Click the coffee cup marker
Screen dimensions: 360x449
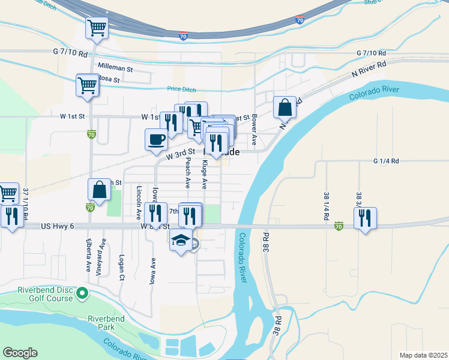[x=156, y=140]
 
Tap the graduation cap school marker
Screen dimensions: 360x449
[x=181, y=241]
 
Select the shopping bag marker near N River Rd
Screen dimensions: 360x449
[x=285, y=108]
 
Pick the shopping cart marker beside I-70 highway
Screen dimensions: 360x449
[x=97, y=28]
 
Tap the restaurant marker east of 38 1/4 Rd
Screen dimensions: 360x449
[x=364, y=219]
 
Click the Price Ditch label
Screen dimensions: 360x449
[x=182, y=89]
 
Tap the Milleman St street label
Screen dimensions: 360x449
[x=110, y=69]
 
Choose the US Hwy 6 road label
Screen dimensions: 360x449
[x=58, y=226]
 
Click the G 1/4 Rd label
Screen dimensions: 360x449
[x=386, y=161]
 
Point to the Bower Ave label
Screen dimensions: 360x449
[x=255, y=130]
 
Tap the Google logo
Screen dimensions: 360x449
[x=20, y=353]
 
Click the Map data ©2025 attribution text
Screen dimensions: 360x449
[x=423, y=355]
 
